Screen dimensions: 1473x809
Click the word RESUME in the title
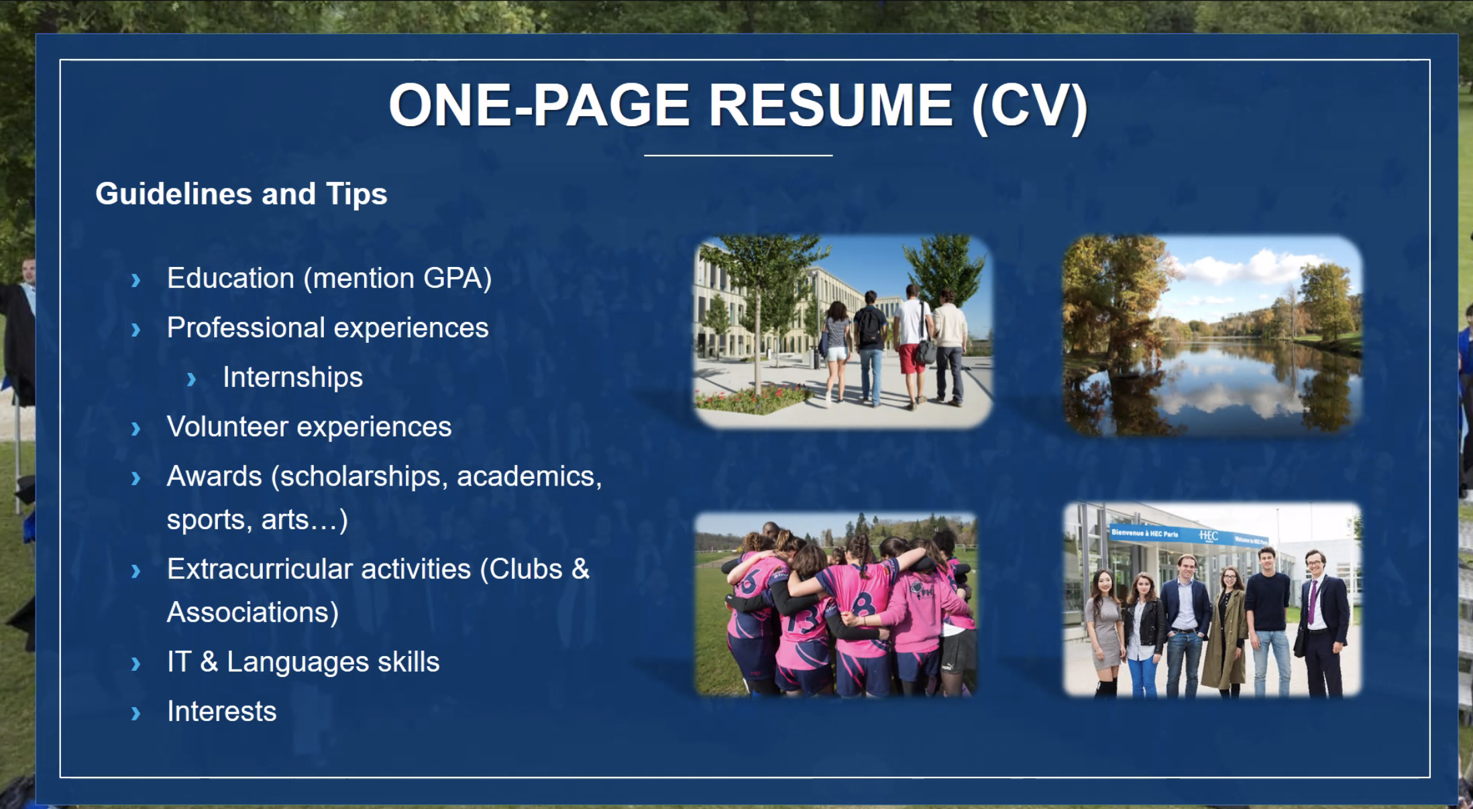(830, 105)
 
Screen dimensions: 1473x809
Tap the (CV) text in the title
(1030, 107)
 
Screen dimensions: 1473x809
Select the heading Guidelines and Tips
(241, 195)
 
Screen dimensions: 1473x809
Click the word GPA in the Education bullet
(457, 278)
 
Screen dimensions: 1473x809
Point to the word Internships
(292, 378)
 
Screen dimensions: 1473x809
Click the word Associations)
(253, 612)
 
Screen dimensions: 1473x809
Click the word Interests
(222, 711)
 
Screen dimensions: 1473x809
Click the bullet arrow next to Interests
(135, 713)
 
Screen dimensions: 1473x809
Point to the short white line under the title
(739, 156)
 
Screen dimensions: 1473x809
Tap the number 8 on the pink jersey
(864, 603)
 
